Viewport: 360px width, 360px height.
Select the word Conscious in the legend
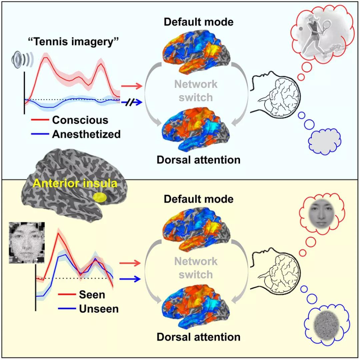(x=80, y=120)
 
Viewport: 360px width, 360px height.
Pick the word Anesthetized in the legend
(x=86, y=134)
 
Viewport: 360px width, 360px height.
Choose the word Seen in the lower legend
(x=92, y=295)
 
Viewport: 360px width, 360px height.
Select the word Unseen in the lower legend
(x=99, y=309)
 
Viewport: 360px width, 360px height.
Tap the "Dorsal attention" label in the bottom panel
(x=199, y=337)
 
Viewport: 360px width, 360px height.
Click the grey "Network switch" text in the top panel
(x=195, y=90)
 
